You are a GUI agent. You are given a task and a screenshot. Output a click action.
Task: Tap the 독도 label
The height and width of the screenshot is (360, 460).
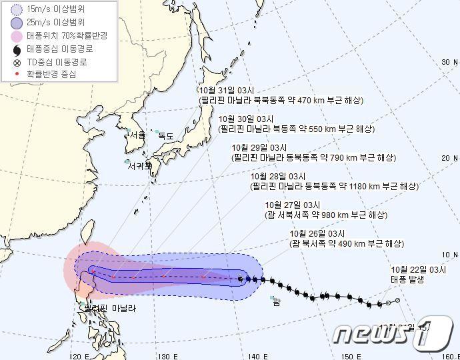point(165,135)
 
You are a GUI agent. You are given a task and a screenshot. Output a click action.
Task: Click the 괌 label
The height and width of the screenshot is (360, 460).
point(277,303)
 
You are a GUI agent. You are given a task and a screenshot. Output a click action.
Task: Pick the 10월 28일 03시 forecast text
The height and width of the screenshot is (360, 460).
point(279,176)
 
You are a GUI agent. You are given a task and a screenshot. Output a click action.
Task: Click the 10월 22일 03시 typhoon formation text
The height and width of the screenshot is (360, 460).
point(418,269)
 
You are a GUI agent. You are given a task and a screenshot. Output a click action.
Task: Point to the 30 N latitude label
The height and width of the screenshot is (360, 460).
point(450,62)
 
